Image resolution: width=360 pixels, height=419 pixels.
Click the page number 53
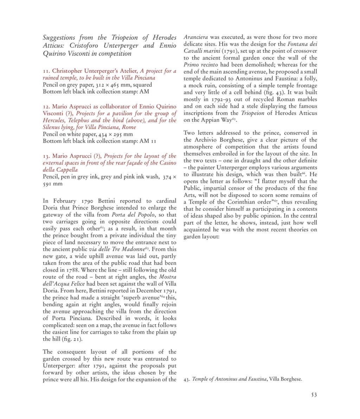tap(314, 395)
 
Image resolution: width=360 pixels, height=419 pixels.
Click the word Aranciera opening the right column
tap(197, 37)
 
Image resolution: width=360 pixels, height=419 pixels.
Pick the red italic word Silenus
tap(52, 127)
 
